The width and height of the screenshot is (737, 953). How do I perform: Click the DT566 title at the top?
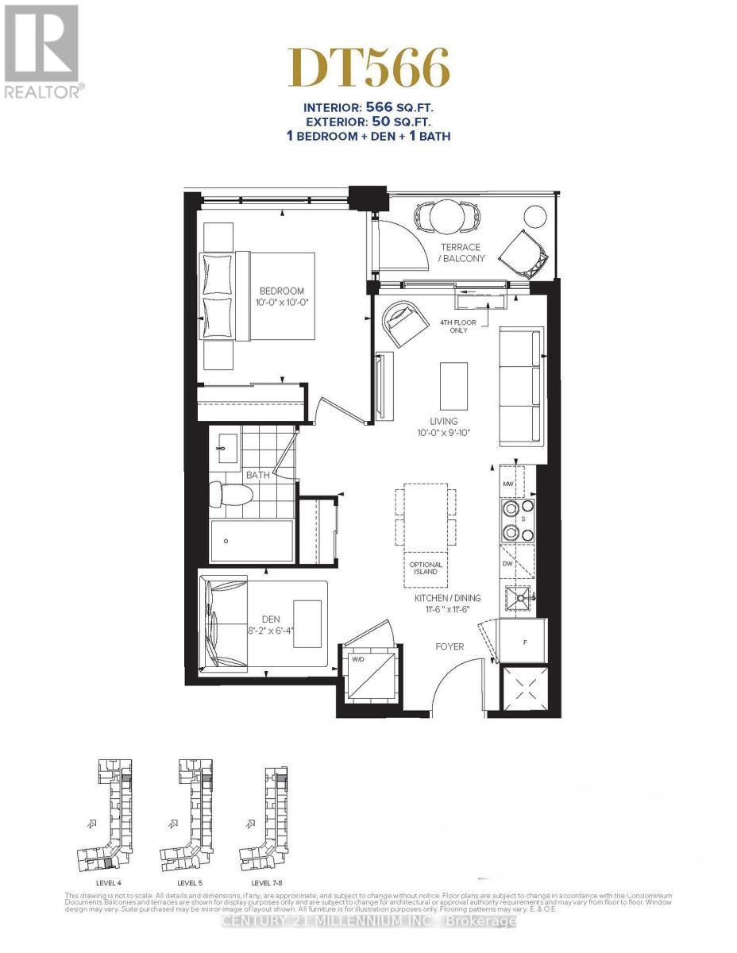coord(368,68)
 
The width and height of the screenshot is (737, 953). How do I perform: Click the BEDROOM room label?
coord(280,291)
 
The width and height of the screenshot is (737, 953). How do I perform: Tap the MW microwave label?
coord(507,483)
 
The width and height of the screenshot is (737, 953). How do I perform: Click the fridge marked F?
coord(525,639)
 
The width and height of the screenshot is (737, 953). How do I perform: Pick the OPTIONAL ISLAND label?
coord(426,569)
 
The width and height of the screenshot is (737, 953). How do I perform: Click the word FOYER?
coord(449,647)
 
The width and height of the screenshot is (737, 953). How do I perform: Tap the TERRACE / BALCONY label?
coord(461,253)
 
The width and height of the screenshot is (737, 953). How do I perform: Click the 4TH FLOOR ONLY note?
coord(454,326)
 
